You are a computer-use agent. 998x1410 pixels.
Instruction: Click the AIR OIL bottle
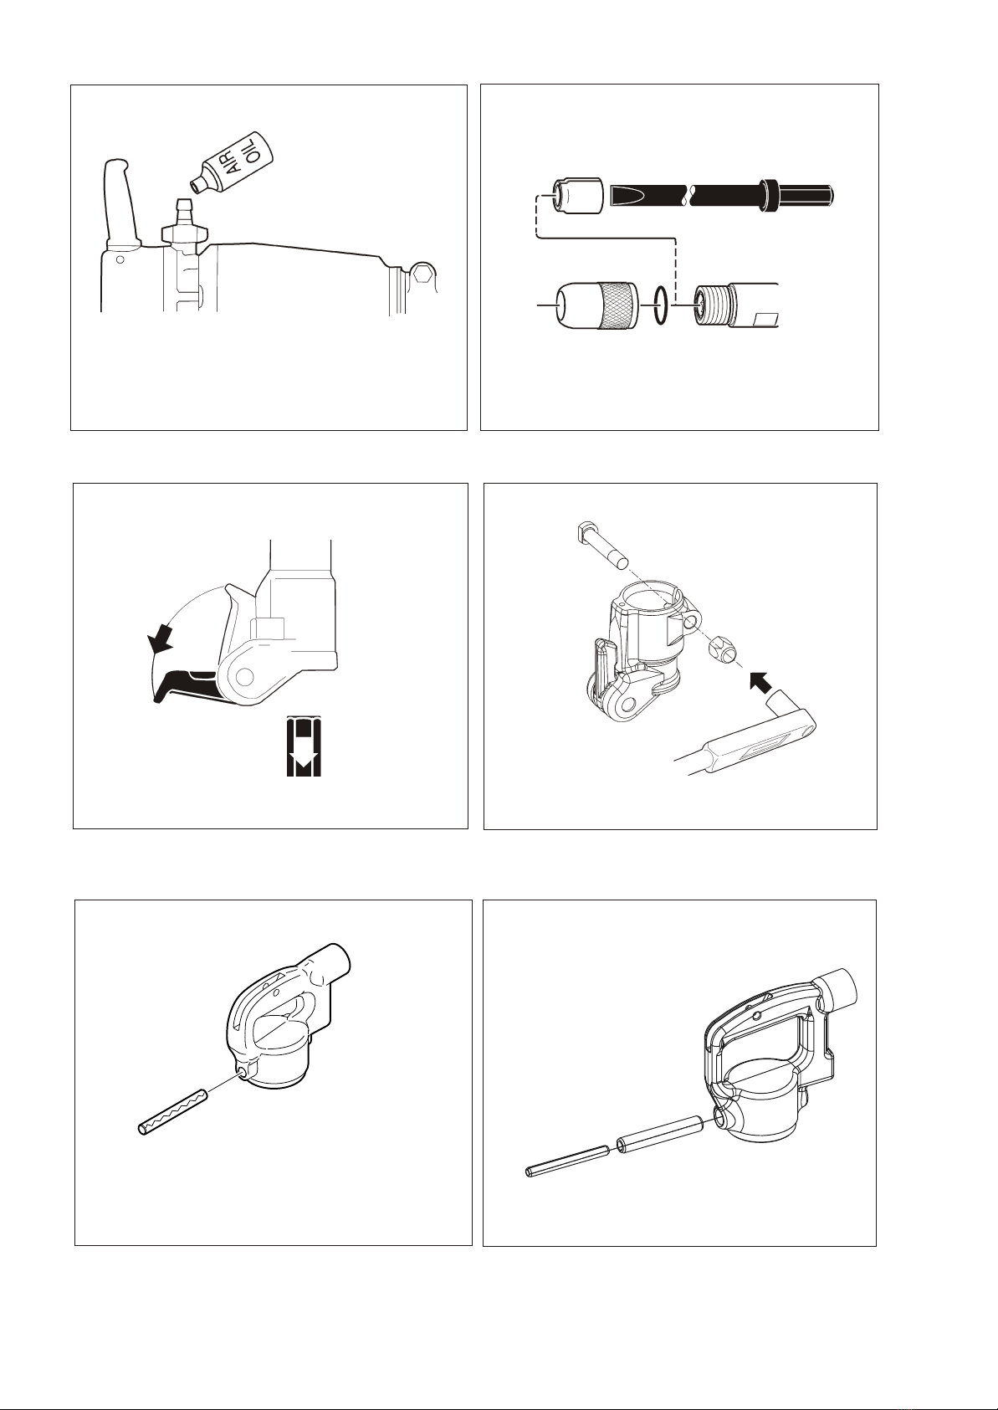pyautogui.click(x=232, y=162)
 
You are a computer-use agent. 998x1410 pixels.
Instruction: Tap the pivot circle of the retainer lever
pyautogui.click(x=244, y=677)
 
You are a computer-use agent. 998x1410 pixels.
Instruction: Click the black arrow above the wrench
pyautogui.click(x=760, y=681)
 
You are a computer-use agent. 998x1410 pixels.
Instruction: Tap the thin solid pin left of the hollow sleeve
pyautogui.click(x=567, y=1160)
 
